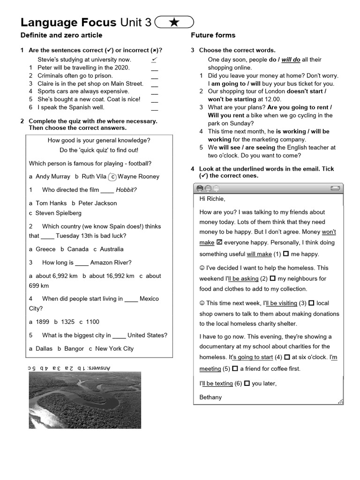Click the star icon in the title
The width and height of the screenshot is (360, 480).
pos(173,22)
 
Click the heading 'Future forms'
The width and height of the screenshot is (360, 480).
pos(213,35)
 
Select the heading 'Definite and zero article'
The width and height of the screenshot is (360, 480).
pos(61,35)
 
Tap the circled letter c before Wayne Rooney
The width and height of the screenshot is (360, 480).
pos(112,177)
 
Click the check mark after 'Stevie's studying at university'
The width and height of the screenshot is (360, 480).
pos(154,60)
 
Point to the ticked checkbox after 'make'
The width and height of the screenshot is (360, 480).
pos(219,243)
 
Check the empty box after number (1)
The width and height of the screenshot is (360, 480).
pos(285,254)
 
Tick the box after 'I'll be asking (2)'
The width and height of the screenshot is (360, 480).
pos(272,278)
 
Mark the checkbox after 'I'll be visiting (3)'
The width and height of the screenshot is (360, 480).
pos(311,303)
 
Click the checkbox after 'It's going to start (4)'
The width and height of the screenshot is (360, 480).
pos(287,357)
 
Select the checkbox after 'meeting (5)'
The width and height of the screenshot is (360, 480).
pos(235,369)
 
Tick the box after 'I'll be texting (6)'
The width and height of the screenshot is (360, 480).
pos(247,383)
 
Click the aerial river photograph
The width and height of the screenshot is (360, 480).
pos(85,400)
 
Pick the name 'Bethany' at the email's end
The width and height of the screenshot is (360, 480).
pos(210,397)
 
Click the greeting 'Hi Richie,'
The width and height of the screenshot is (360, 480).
pos(212,199)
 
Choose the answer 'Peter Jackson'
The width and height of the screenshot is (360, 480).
pos(97,203)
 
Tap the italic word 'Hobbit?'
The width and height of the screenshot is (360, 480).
pos(126,190)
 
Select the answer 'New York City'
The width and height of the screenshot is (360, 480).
pos(114,349)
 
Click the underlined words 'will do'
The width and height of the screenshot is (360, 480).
pos(291,60)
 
